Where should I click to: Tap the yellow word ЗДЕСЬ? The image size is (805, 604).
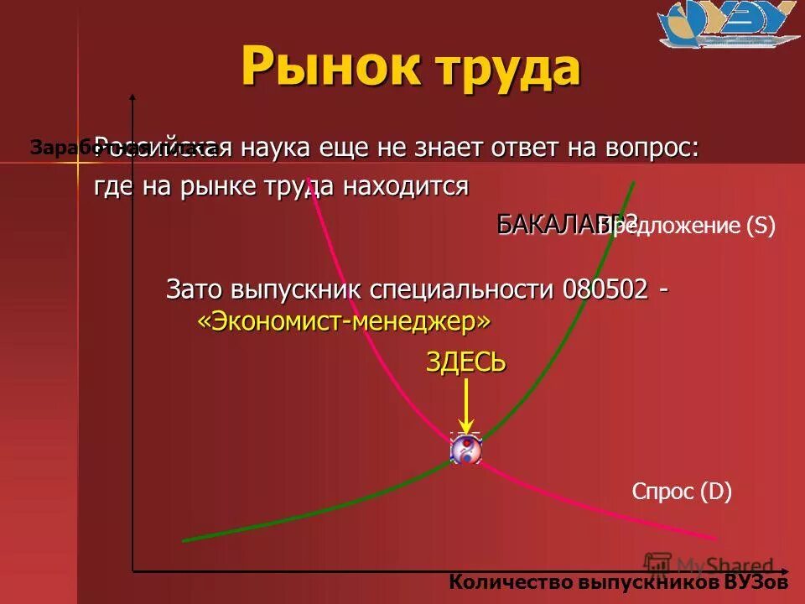466,362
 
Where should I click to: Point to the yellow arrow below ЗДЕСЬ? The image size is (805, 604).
467,407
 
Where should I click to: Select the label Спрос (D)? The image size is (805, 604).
682,492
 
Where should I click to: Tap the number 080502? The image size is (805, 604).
605,289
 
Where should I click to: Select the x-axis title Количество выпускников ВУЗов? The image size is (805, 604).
619,582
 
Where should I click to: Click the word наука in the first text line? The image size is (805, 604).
278,149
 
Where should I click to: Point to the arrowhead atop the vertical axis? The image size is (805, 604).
132,99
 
